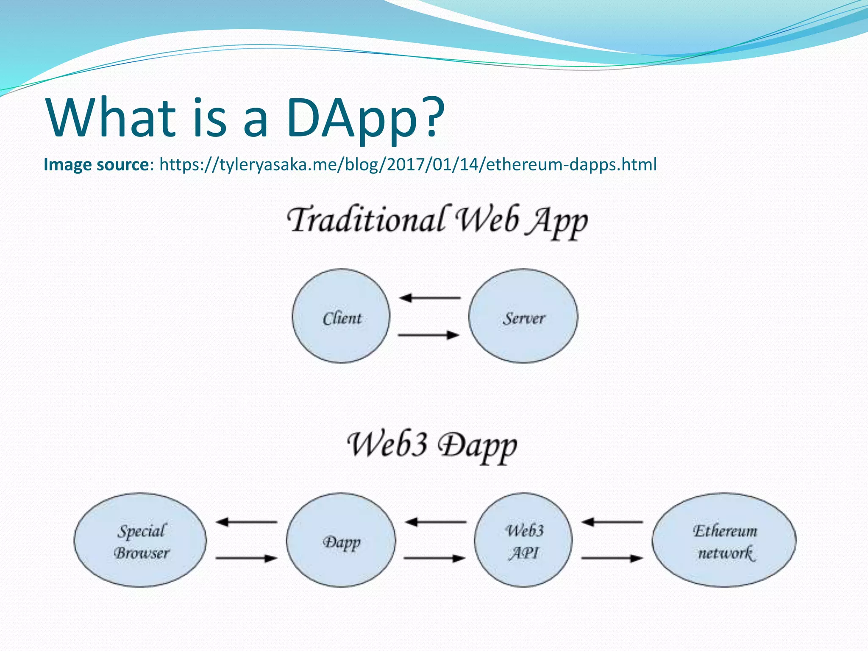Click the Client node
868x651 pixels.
(x=341, y=316)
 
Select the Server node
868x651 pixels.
(x=523, y=316)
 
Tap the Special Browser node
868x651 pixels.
(x=140, y=540)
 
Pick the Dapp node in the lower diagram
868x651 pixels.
(x=341, y=540)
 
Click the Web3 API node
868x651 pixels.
(x=523, y=540)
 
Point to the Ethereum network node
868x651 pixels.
(x=724, y=540)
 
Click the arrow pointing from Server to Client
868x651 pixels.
(x=430, y=298)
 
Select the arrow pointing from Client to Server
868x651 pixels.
(x=429, y=335)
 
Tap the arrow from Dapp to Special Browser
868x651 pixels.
(x=247, y=522)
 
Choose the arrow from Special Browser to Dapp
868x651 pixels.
(x=247, y=558)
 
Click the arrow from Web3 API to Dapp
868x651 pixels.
(x=436, y=522)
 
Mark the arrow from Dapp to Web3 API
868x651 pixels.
(x=435, y=558)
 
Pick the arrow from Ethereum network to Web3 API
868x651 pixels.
(x=612, y=522)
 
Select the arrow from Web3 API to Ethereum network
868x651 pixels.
(x=612, y=558)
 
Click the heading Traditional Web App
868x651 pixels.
(x=437, y=220)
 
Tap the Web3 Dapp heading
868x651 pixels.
(x=432, y=445)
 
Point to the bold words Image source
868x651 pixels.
(x=96, y=164)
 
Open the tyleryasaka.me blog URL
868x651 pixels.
(x=408, y=164)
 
